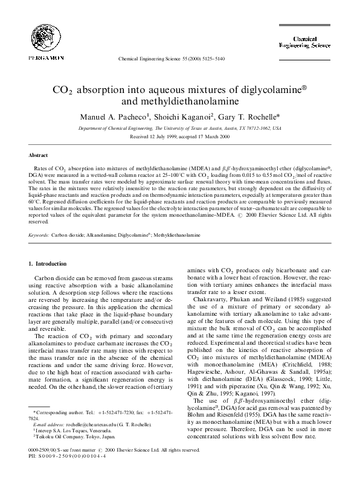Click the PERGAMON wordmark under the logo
37,58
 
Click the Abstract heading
38,155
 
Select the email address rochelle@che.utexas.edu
77,425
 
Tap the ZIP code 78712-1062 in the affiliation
251,128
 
